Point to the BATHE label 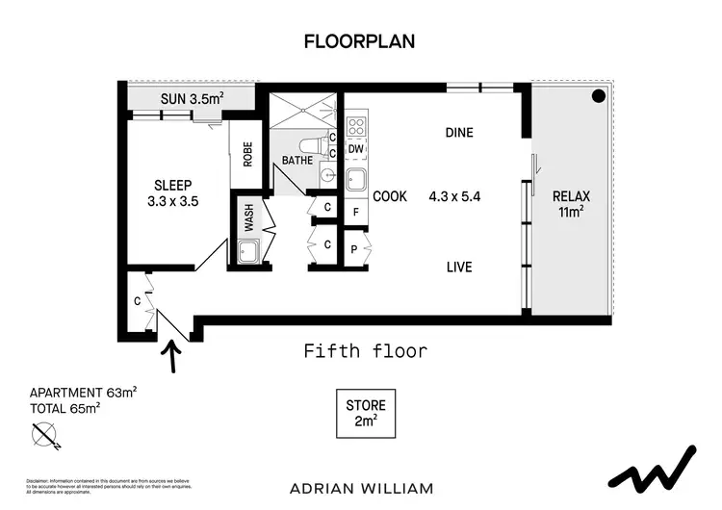297,160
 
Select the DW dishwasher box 355,149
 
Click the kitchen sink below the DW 355,178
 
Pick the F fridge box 355,212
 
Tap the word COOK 390,196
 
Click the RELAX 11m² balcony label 571,204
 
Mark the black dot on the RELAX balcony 598,95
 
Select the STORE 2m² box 365,412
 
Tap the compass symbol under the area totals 45,438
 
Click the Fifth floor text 365,351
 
